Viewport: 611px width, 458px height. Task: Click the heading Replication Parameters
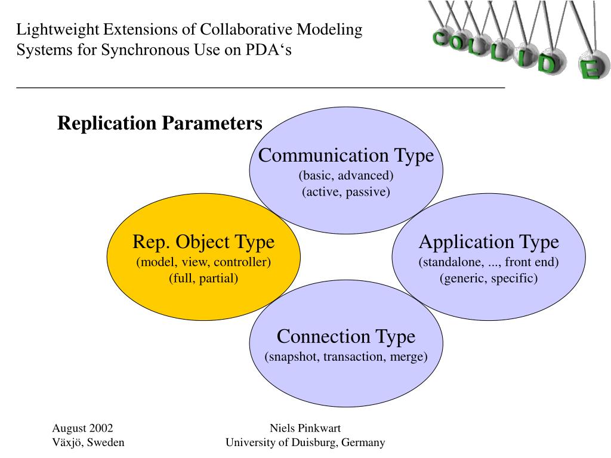click(x=160, y=123)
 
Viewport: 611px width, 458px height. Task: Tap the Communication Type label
click(x=346, y=156)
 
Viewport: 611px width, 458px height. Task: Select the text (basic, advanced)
click(x=346, y=175)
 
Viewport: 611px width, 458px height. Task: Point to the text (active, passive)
click(x=346, y=191)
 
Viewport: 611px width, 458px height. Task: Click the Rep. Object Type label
click(x=203, y=242)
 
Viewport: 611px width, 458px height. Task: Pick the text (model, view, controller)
click(x=203, y=262)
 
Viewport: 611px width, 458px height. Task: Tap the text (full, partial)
click(x=203, y=278)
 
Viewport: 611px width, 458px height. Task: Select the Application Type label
click(x=489, y=242)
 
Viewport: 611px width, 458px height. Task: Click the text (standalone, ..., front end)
click(x=489, y=262)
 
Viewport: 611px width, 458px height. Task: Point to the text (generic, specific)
click(x=489, y=278)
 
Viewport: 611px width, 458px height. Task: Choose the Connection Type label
click(x=346, y=336)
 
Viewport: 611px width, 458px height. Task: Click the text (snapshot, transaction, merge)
click(x=346, y=357)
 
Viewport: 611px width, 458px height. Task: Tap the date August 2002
click(x=82, y=428)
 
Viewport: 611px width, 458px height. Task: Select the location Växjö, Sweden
click(x=88, y=442)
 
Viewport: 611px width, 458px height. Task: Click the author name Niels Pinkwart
click(x=305, y=428)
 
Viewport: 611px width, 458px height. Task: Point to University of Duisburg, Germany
click(x=305, y=442)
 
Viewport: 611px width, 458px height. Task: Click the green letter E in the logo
click(x=590, y=69)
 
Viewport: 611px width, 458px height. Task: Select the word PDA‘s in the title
click(x=269, y=50)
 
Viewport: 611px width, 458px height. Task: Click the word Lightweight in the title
click(x=58, y=30)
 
